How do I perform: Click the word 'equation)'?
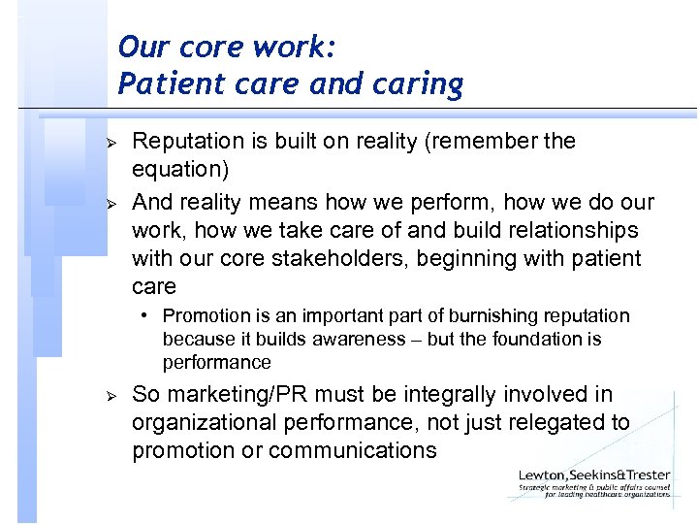pos(180,170)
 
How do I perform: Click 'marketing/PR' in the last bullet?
pos(225,395)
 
